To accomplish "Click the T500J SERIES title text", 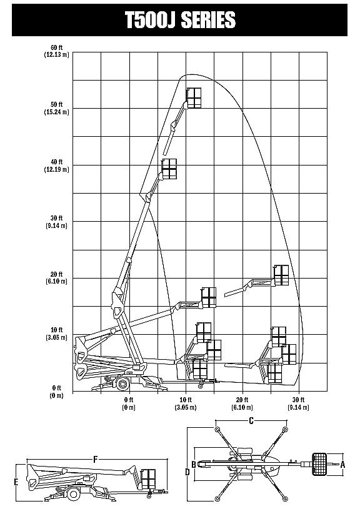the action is coord(180,19).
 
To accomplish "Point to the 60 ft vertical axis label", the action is coord(56,48).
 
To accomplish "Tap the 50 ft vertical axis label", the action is coord(56,104).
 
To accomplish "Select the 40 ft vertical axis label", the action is coord(56,162).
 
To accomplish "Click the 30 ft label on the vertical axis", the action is coord(56,219).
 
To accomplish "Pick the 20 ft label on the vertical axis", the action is coord(56,274).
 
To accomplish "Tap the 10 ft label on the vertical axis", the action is coord(56,330).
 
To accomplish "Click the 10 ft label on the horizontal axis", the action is coord(186,400).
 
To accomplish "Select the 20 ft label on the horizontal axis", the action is coord(242,400).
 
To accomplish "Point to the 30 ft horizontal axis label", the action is coord(298,400).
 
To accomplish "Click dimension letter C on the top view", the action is coord(251,420).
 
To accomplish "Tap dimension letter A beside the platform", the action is coord(343,464).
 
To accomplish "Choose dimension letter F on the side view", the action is coord(96,460).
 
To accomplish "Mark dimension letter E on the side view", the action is coord(16,482).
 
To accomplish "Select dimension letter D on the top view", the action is coord(187,472).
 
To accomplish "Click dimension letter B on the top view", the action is coord(194,465).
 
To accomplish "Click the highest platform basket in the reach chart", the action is coord(194,97).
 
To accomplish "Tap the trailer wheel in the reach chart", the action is coord(122,383).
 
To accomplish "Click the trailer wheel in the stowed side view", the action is coord(74,493).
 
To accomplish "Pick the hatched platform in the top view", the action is coord(319,464).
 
